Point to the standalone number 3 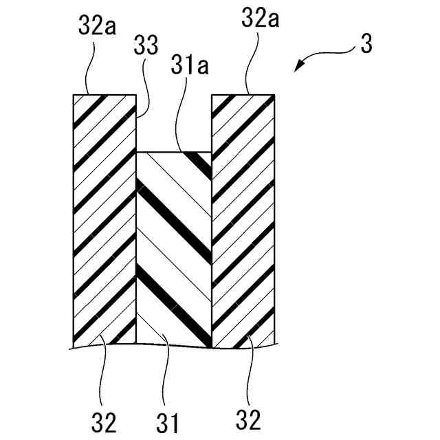(x=366, y=46)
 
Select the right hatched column (x=244, y=220)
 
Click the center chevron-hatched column (x=175, y=247)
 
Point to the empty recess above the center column (x=175, y=124)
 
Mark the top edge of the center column (x=175, y=153)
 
